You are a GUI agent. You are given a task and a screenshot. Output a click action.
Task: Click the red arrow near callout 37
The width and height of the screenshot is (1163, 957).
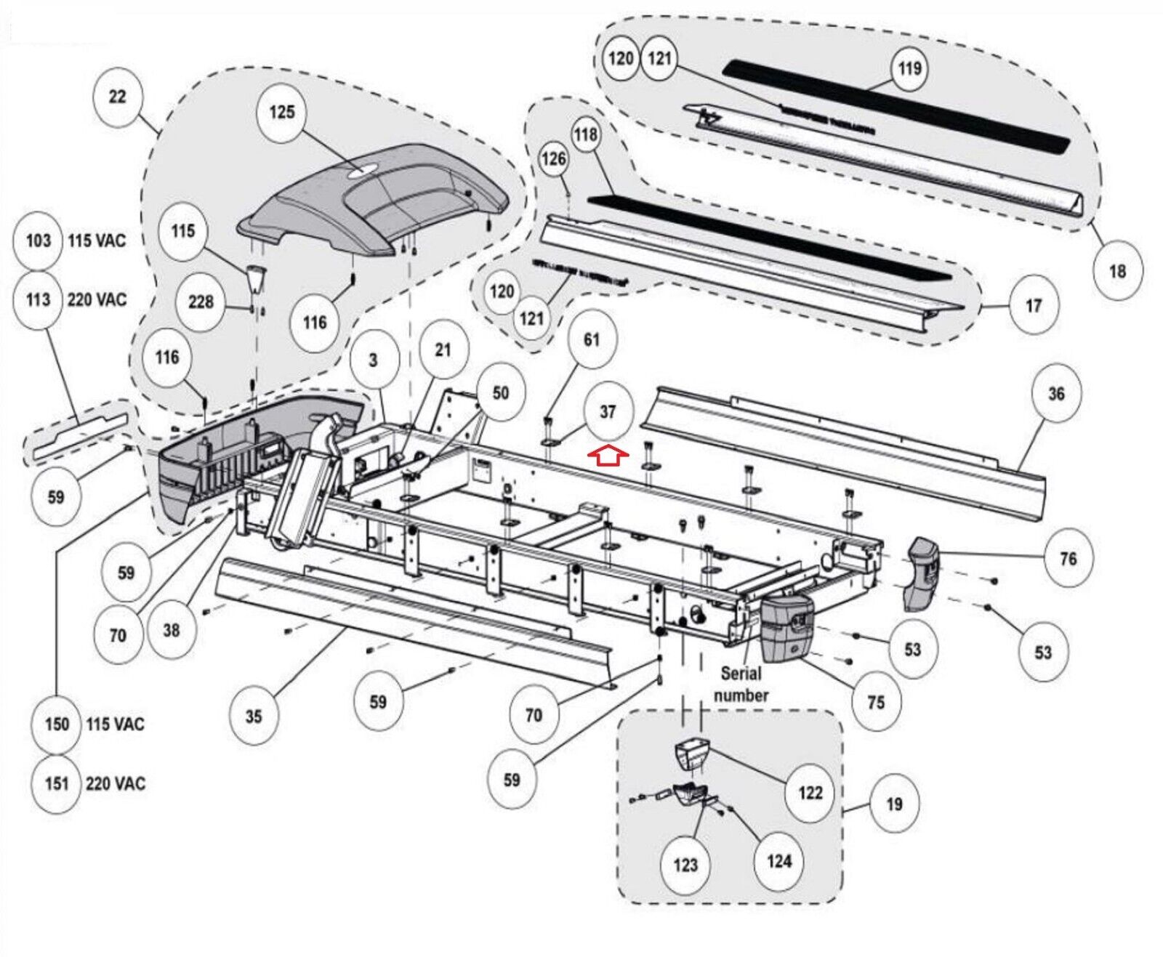[x=608, y=456]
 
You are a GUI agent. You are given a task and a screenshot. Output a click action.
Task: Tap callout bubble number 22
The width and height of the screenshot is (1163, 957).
[x=117, y=97]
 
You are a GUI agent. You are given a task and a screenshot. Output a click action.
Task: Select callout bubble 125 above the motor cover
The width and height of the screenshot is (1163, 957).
[x=282, y=112]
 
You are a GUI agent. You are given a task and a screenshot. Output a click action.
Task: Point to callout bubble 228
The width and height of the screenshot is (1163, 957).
[x=201, y=302]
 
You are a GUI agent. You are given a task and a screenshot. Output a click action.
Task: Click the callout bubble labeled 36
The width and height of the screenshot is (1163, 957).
[x=1055, y=394]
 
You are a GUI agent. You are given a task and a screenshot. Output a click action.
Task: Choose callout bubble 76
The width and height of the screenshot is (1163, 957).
[x=1068, y=559]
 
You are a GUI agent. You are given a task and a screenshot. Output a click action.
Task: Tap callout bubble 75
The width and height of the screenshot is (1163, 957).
[x=876, y=702]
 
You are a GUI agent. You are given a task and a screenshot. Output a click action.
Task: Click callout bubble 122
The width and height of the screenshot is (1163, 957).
[x=810, y=793]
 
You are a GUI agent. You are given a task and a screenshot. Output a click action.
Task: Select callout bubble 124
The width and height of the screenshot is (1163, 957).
[x=778, y=862]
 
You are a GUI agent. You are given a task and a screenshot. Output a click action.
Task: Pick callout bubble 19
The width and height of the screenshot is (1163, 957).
[x=894, y=804]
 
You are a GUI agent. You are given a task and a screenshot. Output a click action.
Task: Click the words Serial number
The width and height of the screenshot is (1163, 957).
[x=741, y=684]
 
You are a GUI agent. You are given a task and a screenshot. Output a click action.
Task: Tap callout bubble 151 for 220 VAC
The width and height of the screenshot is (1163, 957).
[x=57, y=783]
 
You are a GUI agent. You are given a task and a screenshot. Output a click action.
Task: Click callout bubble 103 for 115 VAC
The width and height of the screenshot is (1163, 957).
[x=39, y=241]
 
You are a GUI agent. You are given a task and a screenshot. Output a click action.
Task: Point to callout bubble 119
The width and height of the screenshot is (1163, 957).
[x=909, y=68]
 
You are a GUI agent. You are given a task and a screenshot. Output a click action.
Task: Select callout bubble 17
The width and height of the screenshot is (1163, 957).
[x=1033, y=306]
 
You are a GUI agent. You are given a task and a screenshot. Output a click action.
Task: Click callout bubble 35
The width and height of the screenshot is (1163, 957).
[x=253, y=716]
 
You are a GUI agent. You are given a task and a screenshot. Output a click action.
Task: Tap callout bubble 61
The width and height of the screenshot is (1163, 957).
[x=592, y=339]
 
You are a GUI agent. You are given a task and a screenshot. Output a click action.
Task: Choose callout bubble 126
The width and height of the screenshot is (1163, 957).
[x=553, y=158]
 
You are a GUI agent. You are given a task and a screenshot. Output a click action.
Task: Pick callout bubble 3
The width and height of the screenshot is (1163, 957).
[x=373, y=360]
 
